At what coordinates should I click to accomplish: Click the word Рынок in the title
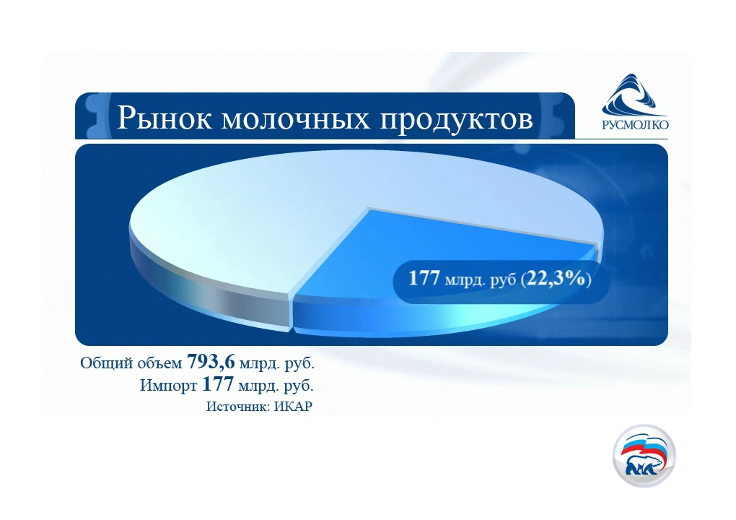(x=165, y=118)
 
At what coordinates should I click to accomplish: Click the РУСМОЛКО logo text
(x=635, y=124)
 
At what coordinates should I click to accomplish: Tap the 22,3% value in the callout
(x=556, y=279)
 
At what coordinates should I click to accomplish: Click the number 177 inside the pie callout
(x=424, y=278)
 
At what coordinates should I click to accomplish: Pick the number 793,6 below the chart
(x=211, y=362)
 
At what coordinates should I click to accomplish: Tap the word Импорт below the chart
(x=169, y=386)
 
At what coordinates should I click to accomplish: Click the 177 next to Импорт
(x=218, y=384)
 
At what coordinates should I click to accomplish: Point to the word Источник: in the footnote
(x=238, y=407)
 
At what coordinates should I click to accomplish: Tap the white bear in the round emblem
(x=643, y=466)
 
